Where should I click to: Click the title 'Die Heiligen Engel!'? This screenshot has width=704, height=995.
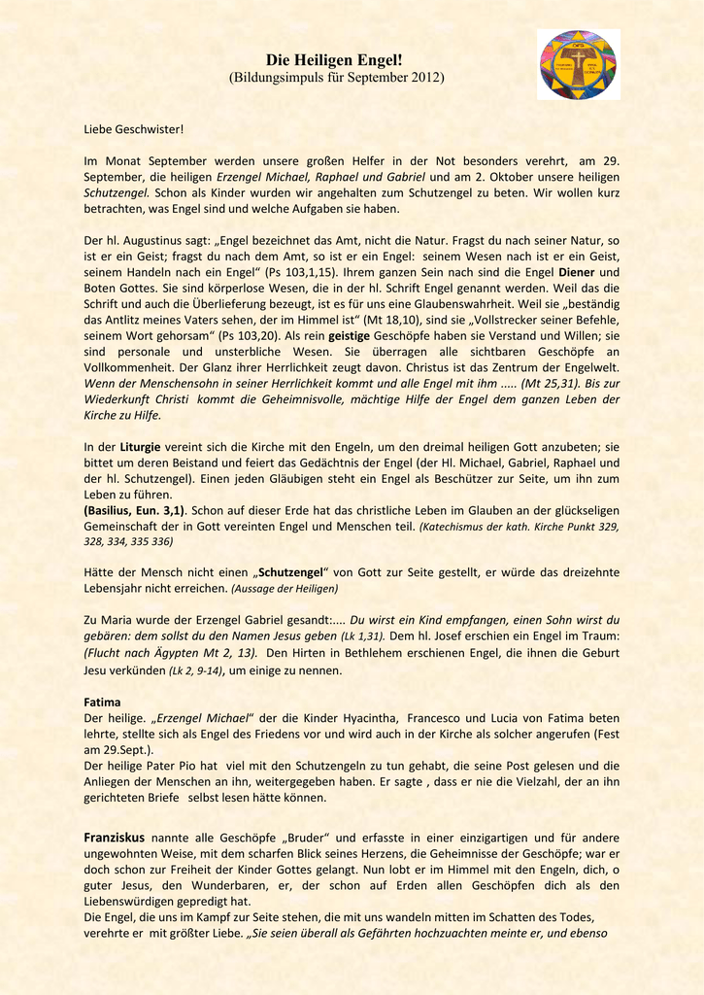pos(335,60)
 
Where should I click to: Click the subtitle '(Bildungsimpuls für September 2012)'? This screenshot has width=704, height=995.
pos(335,77)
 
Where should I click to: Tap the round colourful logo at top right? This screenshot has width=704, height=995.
pos(579,65)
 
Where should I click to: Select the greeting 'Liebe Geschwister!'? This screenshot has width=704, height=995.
pos(134,129)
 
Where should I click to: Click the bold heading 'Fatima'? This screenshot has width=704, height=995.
pos(103,701)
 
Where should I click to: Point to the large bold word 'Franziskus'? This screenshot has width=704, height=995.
pos(115,837)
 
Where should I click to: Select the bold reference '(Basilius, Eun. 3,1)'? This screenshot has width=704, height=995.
pos(134,510)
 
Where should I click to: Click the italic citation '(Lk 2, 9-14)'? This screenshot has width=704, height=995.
pos(195,670)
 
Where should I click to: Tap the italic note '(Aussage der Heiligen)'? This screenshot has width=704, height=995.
pos(285,589)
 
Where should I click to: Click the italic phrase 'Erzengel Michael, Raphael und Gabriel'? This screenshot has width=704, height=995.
pos(320,177)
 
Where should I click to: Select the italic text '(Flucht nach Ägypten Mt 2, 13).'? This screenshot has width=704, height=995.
pos(171,653)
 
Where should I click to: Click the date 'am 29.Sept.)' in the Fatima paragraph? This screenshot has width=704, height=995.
pos(122,749)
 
